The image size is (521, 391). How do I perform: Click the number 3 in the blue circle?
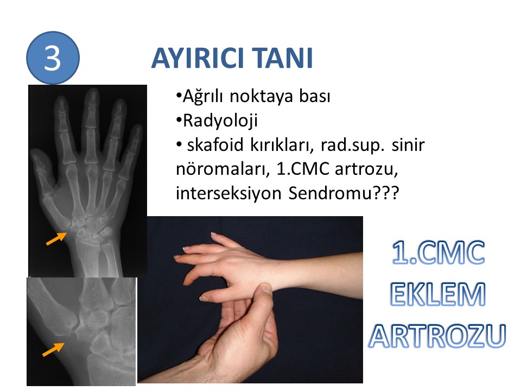click(53, 58)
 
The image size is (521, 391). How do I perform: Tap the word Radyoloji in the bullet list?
click(220, 121)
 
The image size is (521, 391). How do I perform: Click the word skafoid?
click(215, 145)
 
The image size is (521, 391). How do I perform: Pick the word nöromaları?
click(223, 169)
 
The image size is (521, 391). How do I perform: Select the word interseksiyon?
click(228, 193)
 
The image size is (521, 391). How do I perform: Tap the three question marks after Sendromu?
click(386, 193)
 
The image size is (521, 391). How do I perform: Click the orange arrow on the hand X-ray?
click(56, 239)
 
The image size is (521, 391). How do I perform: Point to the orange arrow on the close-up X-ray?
click(53, 349)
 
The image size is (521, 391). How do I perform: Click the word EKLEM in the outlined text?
click(438, 294)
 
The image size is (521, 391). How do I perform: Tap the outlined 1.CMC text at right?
click(439, 253)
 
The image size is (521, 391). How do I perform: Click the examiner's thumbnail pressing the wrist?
click(266, 288)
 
